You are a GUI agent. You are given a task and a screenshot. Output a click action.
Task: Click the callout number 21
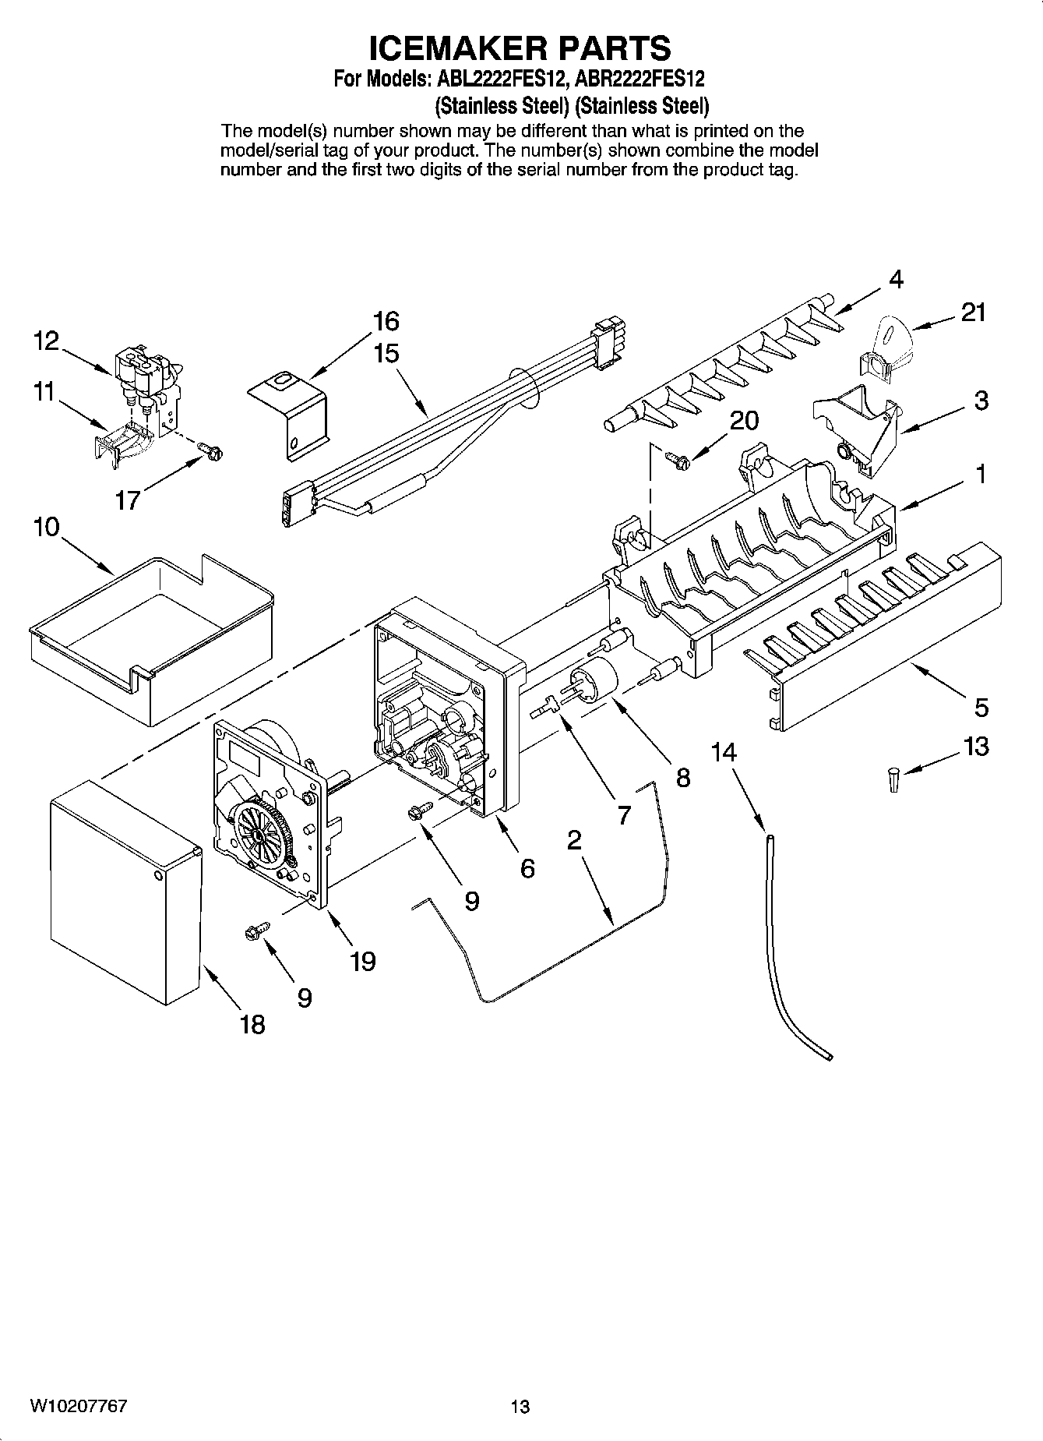pos(973,313)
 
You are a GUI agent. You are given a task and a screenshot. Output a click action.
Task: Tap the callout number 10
pos(46,528)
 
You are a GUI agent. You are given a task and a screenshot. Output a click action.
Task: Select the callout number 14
pos(724,752)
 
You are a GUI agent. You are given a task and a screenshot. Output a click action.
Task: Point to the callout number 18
pos(252,1024)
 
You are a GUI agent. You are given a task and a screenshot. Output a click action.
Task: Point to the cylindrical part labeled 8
pos(595,676)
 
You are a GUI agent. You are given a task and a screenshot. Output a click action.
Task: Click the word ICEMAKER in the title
pos(453,48)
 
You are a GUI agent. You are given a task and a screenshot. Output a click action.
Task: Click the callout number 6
pos(527,867)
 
